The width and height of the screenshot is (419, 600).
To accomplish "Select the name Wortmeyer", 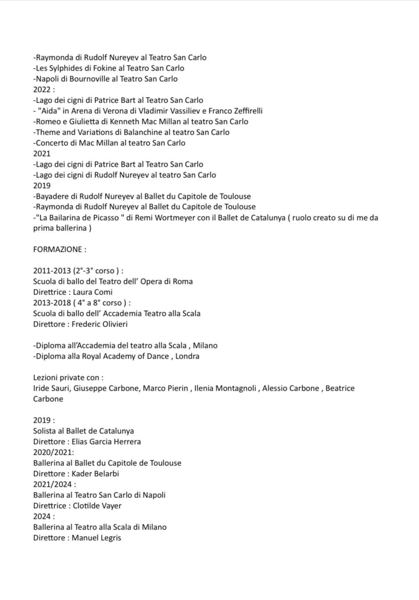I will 175,218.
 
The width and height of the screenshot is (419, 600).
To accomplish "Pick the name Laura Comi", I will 93,292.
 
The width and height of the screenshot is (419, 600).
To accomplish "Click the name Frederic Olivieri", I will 100,324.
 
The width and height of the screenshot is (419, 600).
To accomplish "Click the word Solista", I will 45,431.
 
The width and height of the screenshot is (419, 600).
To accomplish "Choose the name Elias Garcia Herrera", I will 106,442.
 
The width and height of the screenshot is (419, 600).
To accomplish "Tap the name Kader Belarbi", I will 95,474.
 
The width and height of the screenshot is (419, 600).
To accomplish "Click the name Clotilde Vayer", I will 97,506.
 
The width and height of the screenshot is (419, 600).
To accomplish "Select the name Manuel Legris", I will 96,538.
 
